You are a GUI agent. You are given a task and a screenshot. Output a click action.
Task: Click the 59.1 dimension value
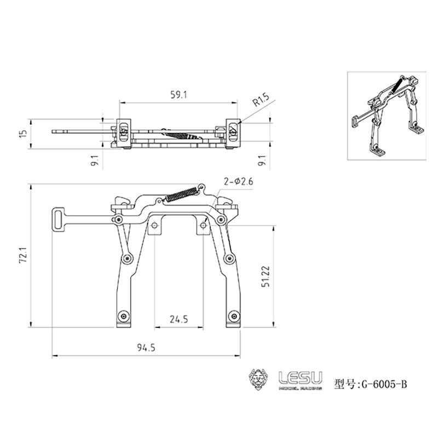tap(178, 95)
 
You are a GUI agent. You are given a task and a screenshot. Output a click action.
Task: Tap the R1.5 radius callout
tap(261, 101)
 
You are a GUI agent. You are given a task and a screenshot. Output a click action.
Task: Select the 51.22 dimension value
tap(266, 276)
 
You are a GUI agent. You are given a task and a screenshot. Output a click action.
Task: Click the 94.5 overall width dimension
tap(146, 347)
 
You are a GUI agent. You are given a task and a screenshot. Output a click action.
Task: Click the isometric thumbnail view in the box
tap(390, 116)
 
